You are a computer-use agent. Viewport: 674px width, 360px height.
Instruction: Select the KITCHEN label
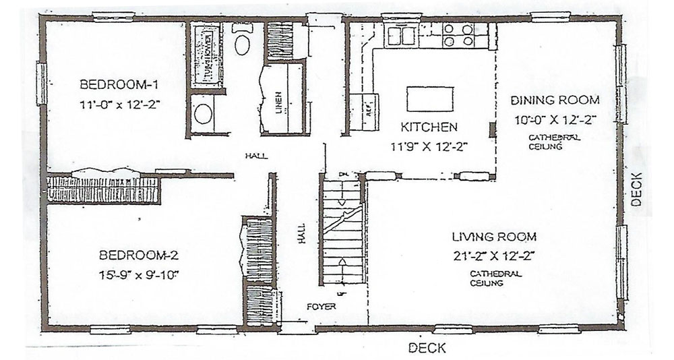tap(429, 127)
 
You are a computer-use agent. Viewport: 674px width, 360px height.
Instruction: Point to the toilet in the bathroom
tap(241, 42)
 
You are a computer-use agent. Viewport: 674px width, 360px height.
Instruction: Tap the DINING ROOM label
tap(555, 100)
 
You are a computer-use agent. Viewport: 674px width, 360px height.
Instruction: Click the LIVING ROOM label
tap(494, 237)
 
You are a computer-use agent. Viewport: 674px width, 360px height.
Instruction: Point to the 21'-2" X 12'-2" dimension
tap(494, 256)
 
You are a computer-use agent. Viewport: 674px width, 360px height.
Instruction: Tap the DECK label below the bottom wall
tap(427, 348)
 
